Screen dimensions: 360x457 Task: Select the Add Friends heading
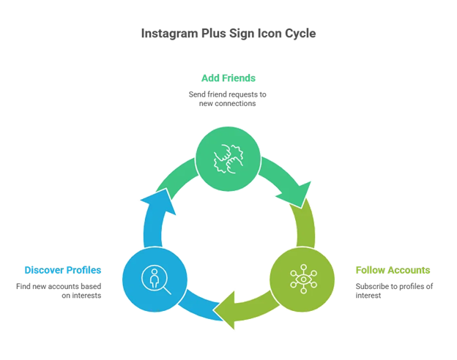click(x=228, y=77)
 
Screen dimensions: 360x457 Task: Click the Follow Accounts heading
click(x=393, y=270)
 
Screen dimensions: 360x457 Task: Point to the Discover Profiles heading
click(x=63, y=270)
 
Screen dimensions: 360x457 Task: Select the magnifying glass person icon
click(x=154, y=281)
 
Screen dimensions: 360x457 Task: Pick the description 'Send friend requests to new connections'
click(x=228, y=98)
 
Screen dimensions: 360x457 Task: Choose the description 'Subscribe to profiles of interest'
click(x=393, y=290)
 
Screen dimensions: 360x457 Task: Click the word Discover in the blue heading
click(x=46, y=270)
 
